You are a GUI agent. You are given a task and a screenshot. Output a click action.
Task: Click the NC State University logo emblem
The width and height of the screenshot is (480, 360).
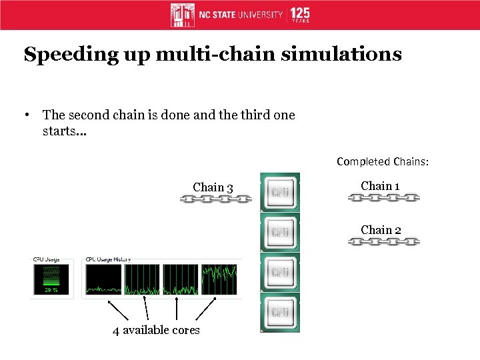(183, 15)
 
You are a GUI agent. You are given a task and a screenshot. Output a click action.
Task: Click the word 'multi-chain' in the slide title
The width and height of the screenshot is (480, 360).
(213, 54)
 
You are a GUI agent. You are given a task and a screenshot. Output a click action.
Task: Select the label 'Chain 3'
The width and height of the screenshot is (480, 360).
(213, 187)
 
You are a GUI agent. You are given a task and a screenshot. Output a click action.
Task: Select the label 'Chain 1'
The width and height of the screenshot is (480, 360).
(380, 186)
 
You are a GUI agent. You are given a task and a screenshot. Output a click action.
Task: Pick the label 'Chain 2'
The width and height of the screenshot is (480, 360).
(381, 230)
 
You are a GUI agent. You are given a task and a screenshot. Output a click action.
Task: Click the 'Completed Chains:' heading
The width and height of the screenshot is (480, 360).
(383, 161)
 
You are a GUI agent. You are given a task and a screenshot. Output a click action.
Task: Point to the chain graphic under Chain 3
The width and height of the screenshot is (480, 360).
(215, 199)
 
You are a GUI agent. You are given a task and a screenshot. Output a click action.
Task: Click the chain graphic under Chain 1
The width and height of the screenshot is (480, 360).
(383, 198)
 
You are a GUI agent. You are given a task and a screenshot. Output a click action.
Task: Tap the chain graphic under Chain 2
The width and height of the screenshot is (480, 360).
(383, 241)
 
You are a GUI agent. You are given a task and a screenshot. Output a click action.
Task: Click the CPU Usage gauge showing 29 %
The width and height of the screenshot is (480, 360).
(51, 279)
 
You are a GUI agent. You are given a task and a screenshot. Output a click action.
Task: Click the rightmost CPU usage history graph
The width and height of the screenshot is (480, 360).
(219, 279)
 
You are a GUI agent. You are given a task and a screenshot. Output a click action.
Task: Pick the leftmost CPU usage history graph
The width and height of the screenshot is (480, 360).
(103, 279)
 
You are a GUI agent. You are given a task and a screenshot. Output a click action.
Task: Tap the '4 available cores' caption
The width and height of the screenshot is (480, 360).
(157, 331)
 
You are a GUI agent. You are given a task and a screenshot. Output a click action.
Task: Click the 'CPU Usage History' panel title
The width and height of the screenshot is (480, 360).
(107, 259)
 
